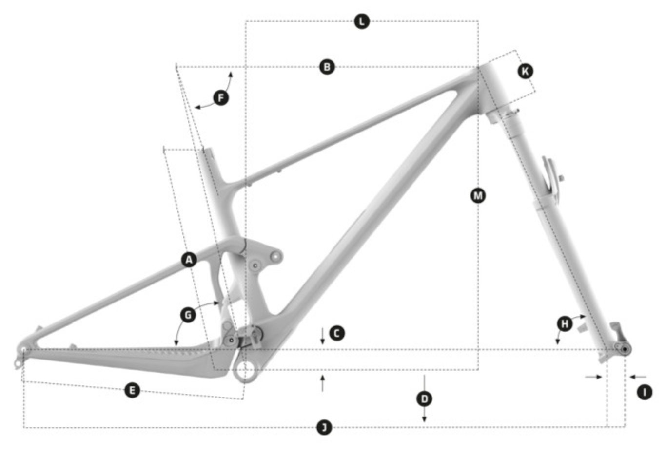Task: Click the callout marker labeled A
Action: [189, 260]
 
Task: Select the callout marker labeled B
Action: [327, 67]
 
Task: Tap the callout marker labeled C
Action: [337, 333]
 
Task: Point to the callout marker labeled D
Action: [425, 399]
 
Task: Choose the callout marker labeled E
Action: [132, 390]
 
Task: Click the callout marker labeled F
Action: [221, 98]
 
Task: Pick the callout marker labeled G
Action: [188, 315]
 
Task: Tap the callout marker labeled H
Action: [565, 323]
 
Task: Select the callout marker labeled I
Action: [645, 392]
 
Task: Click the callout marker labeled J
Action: [324, 428]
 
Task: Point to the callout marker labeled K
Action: [525, 72]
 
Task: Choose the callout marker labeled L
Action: [362, 21]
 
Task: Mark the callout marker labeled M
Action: [478, 196]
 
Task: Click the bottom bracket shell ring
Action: [245, 372]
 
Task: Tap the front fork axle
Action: [624, 349]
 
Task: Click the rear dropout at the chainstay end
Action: [22, 350]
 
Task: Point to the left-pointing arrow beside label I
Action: [637, 377]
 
